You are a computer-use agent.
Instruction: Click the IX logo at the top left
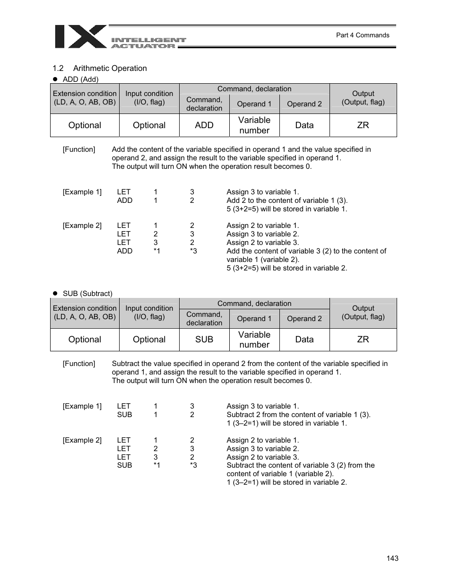click(x=80, y=37)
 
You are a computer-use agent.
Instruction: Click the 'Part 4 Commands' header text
click(x=362, y=35)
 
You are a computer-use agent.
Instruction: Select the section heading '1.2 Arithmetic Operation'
click(x=100, y=68)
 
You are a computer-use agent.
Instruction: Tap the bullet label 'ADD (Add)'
click(x=80, y=79)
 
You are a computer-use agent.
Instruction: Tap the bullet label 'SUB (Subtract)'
click(x=87, y=294)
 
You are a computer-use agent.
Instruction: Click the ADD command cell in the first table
click(x=204, y=125)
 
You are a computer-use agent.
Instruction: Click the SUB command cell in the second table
click(x=204, y=340)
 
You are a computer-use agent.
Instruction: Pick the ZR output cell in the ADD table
click(x=363, y=125)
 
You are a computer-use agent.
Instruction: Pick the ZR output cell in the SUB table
click(x=363, y=340)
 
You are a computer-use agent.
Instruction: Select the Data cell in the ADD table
click(x=304, y=125)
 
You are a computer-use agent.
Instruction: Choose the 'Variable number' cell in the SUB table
click(x=254, y=340)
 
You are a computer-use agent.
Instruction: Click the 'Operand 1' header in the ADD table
click(x=254, y=104)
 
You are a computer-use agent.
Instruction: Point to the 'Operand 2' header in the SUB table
click(x=304, y=319)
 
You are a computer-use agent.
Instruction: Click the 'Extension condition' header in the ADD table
click(x=85, y=98)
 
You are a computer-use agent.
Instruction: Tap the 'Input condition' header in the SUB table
click(x=149, y=313)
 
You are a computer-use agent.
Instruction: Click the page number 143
click(x=392, y=558)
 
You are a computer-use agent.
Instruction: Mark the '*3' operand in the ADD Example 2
click(x=193, y=251)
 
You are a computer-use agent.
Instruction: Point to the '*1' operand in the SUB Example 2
click(x=156, y=465)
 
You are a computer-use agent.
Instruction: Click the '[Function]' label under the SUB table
click(x=79, y=364)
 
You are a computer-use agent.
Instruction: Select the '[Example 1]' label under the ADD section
click(x=82, y=192)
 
